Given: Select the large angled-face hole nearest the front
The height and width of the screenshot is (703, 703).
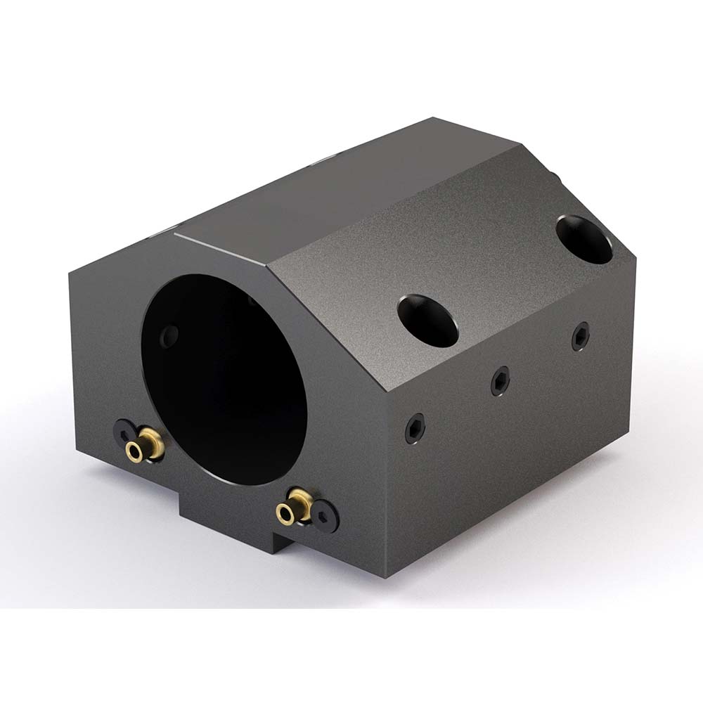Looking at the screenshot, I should [x=427, y=316].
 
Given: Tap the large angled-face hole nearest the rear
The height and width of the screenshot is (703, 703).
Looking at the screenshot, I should [x=583, y=238].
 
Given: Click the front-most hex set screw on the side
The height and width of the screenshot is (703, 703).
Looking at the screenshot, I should [x=415, y=428].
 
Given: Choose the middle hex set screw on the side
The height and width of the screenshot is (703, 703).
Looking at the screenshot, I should [x=499, y=380].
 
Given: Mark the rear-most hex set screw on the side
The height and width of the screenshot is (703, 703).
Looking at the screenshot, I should [x=580, y=336].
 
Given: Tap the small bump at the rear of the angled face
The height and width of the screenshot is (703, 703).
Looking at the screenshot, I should [x=555, y=176].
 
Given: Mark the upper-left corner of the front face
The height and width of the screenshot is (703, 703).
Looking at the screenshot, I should [x=70, y=274].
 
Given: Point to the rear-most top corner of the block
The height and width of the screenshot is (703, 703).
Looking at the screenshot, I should [x=434, y=119].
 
